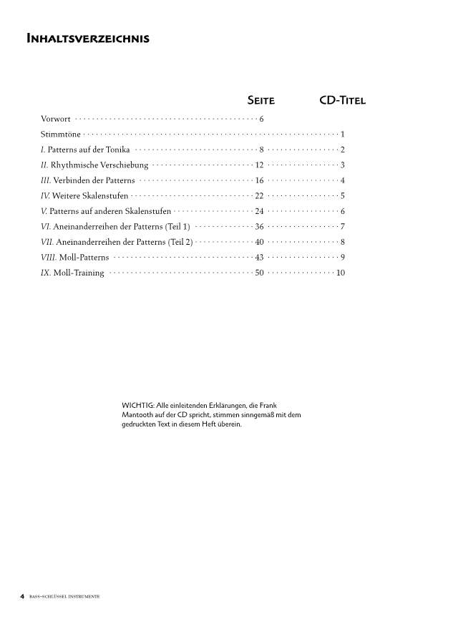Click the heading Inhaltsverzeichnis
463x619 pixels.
tap(87, 39)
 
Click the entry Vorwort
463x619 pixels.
tap(56, 119)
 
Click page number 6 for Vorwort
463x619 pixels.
tap(262, 119)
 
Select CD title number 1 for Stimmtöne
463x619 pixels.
tap(343, 135)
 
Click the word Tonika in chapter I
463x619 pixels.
tap(115, 150)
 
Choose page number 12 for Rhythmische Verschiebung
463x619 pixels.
tap(260, 165)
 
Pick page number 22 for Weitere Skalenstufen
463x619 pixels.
tap(260, 196)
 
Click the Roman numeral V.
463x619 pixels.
tap(44, 211)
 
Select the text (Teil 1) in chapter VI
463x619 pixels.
tap(177, 227)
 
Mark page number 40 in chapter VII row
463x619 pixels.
tap(260, 242)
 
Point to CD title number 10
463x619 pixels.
tap(341, 273)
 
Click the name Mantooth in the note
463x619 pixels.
tap(141, 415)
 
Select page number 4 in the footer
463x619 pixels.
tap(23, 596)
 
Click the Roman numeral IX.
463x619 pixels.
tap(46, 273)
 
